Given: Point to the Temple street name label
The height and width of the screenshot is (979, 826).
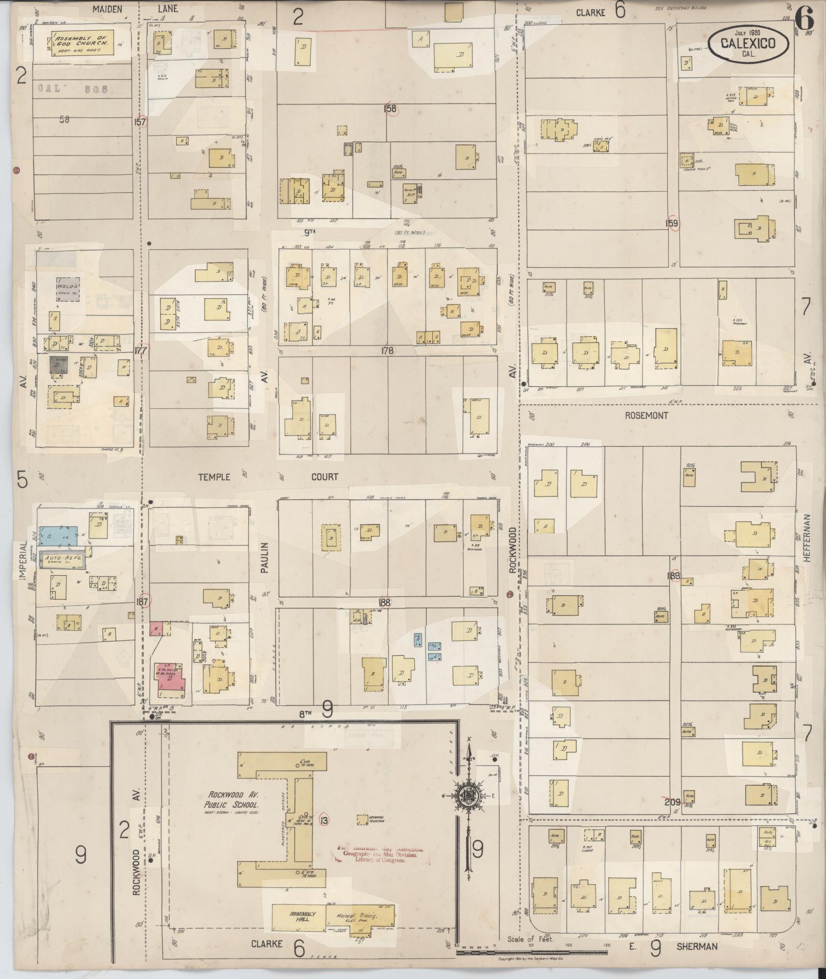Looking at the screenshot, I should pos(214,477).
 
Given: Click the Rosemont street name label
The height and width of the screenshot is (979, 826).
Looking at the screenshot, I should pos(646,416).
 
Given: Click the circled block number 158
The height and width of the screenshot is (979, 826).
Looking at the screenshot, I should pos(392,109).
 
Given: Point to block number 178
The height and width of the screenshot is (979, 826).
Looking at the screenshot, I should pos(387,351).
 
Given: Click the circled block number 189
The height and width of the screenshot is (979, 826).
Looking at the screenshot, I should pos(673,576).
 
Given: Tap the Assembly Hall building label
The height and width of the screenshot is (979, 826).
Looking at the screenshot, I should pos(303,916).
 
